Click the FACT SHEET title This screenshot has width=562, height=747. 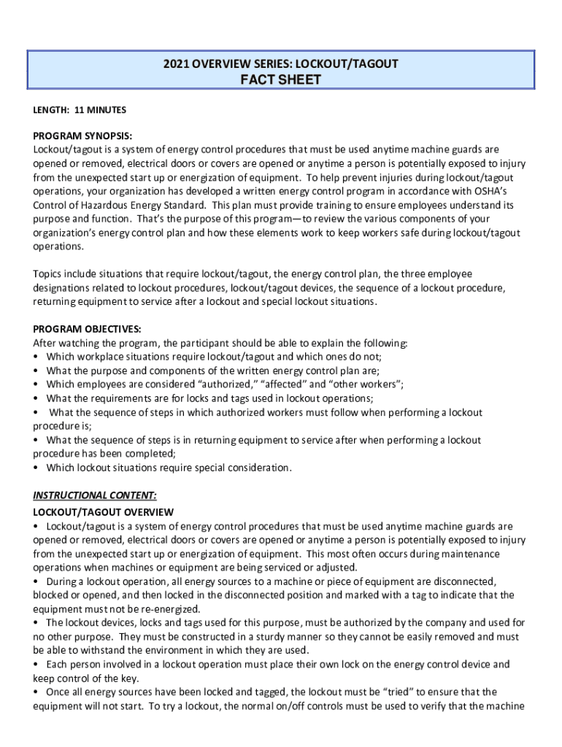tap(281, 80)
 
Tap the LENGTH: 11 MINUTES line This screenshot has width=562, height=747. tap(80, 110)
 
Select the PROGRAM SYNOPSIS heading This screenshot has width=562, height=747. tap(82, 136)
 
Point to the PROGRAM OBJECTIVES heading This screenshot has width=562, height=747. tap(87, 329)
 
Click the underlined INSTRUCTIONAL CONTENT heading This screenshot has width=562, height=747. tap(95, 495)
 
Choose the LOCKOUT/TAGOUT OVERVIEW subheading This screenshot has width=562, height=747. tap(103, 512)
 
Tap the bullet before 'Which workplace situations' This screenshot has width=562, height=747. tap(36, 357)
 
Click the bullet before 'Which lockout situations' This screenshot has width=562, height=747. tap(36, 468)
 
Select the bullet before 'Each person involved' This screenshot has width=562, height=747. tap(36, 665)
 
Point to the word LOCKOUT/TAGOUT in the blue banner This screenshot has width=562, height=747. tap(348, 64)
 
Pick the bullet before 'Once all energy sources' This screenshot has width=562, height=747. tap(36, 692)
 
